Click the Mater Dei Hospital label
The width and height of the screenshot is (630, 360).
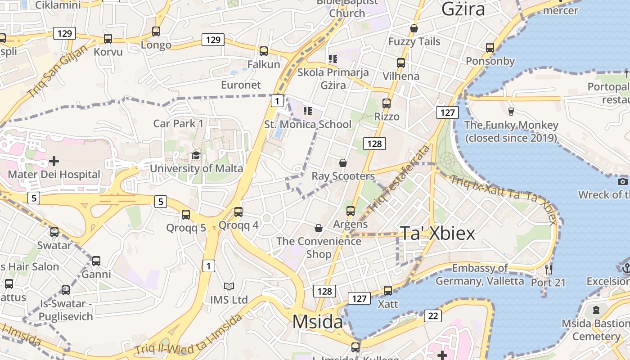54,174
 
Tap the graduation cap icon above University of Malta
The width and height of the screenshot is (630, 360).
196,155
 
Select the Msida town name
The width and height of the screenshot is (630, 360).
317,322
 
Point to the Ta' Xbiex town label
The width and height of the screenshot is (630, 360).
437,234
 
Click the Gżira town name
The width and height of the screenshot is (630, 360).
463,9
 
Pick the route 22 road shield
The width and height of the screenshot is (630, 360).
433,316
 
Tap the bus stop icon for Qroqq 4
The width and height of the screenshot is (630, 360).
238,211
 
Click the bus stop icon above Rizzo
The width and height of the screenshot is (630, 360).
387,103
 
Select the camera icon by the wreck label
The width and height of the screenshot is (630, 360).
623,181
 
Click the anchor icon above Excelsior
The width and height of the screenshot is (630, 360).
626,268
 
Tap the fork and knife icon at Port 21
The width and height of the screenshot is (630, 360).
548,269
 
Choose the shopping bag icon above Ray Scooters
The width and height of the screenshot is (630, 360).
343,162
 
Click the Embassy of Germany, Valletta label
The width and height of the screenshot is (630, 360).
480,274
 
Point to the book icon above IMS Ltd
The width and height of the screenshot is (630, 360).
229,286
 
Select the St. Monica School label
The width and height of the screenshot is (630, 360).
308,124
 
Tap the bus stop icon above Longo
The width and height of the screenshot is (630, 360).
156,31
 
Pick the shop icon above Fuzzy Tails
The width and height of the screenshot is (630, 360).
414,29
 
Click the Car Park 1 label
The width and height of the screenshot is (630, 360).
178,123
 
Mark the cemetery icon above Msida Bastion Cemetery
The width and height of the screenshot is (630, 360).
596,310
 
